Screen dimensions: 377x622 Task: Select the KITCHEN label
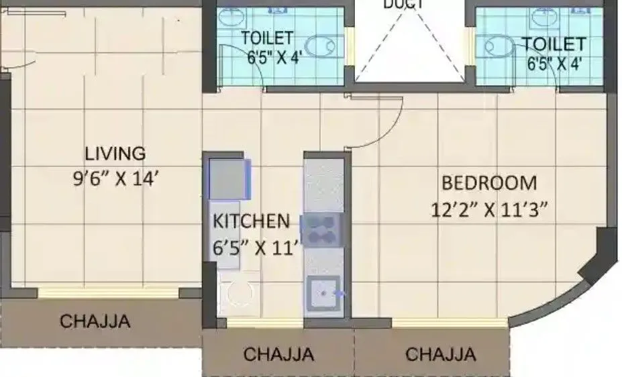click(x=251, y=221)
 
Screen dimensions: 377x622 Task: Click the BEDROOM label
click(x=488, y=183)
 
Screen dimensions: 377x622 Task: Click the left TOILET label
click(x=267, y=38)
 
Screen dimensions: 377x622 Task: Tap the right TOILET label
click(x=554, y=44)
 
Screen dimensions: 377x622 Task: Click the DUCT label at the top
click(x=403, y=5)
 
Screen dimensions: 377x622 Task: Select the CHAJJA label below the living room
click(x=95, y=321)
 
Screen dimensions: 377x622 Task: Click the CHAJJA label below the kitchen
click(x=278, y=354)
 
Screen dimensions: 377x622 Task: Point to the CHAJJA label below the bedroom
click(x=441, y=354)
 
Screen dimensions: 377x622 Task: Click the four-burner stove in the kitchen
click(x=323, y=229)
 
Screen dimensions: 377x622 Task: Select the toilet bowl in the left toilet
click(x=322, y=46)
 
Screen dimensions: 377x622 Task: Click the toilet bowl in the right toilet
click(x=497, y=47)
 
